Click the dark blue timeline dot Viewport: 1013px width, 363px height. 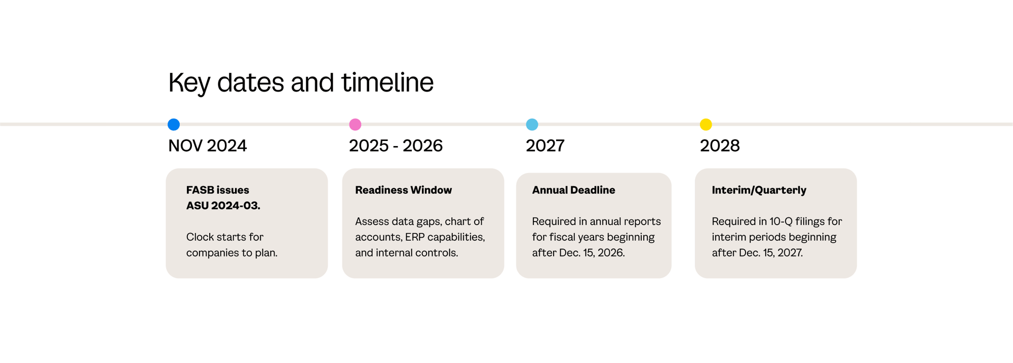tap(174, 124)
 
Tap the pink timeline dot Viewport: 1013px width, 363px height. tap(355, 124)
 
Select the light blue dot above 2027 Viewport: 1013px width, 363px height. tap(532, 124)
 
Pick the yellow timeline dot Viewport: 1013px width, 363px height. tap(706, 124)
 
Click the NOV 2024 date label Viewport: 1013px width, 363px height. tap(207, 146)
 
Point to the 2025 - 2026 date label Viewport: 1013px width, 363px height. tap(396, 146)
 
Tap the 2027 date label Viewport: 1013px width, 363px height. tap(545, 146)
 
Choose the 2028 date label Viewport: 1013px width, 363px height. tap(720, 146)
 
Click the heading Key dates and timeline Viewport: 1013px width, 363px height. tap(301, 83)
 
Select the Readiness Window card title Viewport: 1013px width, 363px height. tap(403, 190)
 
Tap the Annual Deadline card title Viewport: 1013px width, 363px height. tap(573, 190)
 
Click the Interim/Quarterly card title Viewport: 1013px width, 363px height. tap(759, 190)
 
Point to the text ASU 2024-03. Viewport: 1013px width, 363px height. tap(223, 206)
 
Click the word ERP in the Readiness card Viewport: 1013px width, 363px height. tap(415, 237)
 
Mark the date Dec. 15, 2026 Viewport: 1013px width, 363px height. tap(592, 253)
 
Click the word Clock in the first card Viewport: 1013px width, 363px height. tap(201, 237)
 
